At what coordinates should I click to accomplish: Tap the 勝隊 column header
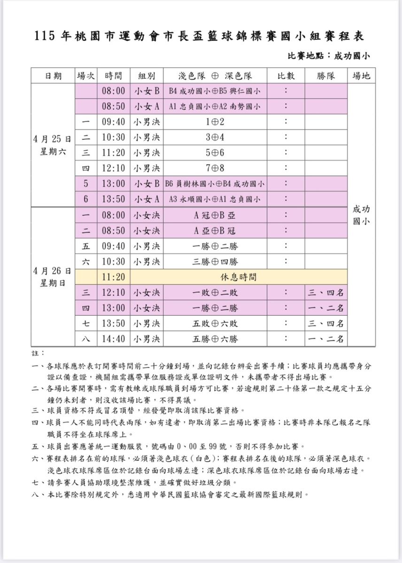click(325, 76)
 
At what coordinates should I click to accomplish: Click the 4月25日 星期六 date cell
click(53, 145)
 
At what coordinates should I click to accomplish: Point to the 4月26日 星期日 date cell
click(53, 277)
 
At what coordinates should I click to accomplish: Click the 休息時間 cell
click(239, 277)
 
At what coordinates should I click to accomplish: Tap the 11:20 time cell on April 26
click(114, 277)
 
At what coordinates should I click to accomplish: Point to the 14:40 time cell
click(114, 339)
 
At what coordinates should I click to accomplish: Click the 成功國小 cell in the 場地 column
click(361, 215)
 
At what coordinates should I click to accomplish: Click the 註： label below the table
click(39, 352)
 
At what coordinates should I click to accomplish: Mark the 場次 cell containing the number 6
click(86, 199)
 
